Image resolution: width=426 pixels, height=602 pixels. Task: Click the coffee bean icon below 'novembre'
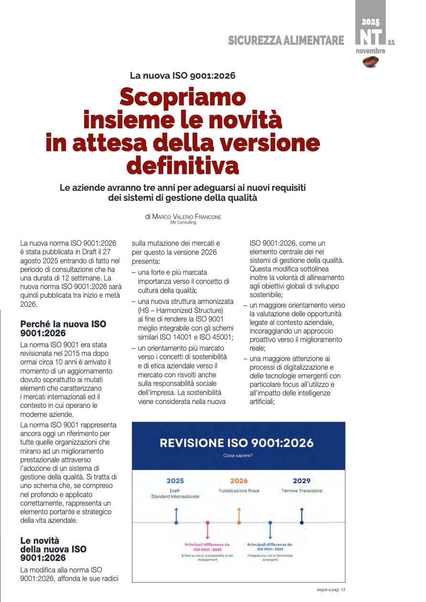point(371,62)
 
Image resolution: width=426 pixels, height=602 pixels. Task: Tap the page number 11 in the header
point(392,42)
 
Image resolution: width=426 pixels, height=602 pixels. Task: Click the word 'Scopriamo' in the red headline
point(182,97)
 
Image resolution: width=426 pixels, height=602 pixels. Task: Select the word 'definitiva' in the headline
point(182,166)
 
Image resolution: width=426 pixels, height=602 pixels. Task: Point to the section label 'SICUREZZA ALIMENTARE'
point(286,41)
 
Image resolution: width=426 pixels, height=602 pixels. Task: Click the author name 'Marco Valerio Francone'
point(187,217)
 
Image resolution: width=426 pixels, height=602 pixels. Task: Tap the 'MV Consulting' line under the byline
point(183,222)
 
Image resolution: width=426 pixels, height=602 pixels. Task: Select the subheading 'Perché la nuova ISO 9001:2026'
point(63,329)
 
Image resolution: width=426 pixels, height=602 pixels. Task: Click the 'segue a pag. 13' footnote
point(330,590)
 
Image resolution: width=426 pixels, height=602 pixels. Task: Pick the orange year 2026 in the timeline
point(239,481)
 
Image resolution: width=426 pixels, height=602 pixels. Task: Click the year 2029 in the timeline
point(301,481)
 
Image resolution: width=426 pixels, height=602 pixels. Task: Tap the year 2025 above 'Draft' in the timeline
point(175,481)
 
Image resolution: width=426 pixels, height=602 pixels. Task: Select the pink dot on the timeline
point(207,523)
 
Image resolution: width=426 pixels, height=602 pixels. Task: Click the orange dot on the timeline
point(239,523)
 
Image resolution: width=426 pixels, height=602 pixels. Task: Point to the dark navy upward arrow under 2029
point(301,514)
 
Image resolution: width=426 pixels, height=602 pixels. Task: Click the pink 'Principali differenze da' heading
point(207,544)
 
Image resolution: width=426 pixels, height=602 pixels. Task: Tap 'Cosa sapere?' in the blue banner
point(238,456)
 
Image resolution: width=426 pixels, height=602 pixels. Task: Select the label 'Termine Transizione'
point(301,491)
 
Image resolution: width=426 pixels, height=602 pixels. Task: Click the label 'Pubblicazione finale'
point(239,491)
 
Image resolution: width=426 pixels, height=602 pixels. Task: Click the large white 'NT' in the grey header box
point(371,37)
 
